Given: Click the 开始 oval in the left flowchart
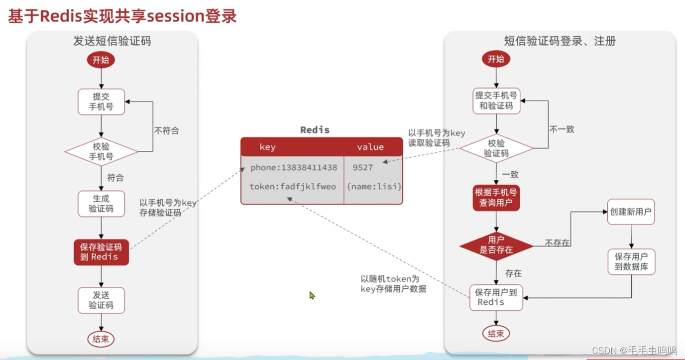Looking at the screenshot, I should [x=101, y=60].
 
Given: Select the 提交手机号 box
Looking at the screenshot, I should [x=101, y=102].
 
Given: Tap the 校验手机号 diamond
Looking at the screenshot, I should [x=101, y=151].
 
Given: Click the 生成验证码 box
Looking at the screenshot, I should [x=101, y=204].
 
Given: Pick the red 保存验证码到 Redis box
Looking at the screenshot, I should [x=101, y=252].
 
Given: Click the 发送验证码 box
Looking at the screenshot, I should [x=101, y=300].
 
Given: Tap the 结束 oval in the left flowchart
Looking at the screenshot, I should [x=101, y=339].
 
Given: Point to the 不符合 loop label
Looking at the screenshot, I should [x=166, y=131].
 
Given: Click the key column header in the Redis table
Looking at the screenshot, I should [x=267, y=147].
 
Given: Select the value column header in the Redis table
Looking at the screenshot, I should [x=370, y=147].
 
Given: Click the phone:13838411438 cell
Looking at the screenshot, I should [x=294, y=168].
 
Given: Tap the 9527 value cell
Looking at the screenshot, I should [x=362, y=168].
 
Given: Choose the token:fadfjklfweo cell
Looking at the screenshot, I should [x=293, y=187].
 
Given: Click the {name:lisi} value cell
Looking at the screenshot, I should [x=374, y=187].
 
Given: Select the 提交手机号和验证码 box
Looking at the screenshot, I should [x=496, y=101].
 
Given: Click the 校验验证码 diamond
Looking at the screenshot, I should [x=496, y=148].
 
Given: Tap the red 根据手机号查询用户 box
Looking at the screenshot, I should [x=496, y=198].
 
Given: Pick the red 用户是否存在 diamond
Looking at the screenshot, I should [x=496, y=245].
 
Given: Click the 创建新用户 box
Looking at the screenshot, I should [x=630, y=212].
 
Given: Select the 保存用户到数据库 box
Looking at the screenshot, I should [x=631, y=261].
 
